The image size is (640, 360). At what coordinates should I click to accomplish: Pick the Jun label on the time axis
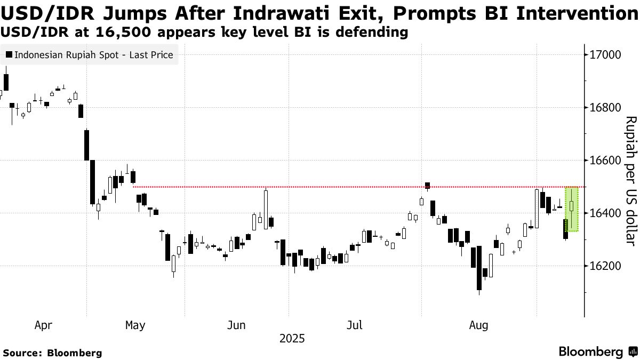(237, 325)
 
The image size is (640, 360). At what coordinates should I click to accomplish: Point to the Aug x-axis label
(477, 325)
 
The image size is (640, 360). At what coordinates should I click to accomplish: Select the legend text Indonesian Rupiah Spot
(94, 55)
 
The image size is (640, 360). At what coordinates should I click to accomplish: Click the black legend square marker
(9, 55)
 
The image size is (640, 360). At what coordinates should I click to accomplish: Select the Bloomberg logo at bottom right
(597, 352)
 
